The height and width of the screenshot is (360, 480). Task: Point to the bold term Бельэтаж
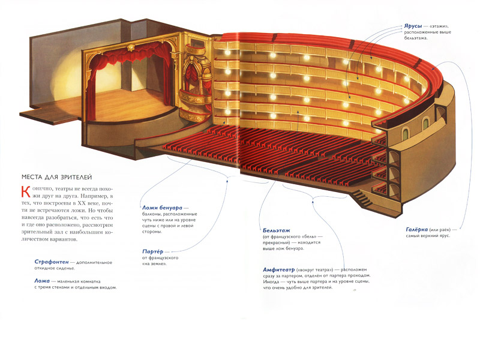[x=278, y=230]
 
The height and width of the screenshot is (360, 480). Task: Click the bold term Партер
[x=153, y=251]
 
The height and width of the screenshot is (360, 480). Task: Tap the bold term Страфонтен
[x=50, y=262]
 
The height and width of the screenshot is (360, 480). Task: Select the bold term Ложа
[x=41, y=280]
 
